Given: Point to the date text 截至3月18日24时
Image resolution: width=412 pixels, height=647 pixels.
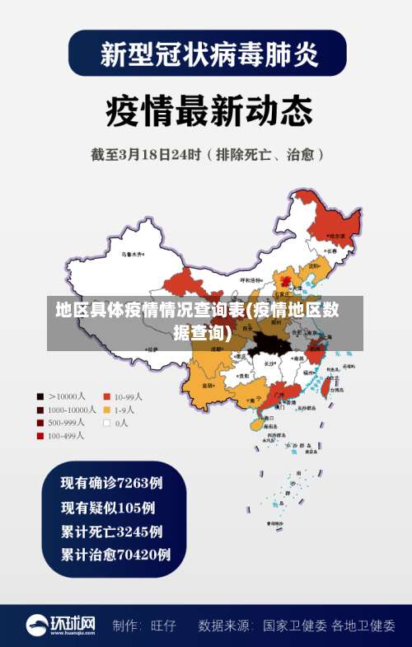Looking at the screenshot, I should click(147, 154).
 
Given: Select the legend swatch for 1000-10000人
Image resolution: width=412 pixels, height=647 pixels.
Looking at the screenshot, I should click(40, 410).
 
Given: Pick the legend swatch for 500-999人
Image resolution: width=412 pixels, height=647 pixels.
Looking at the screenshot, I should click(40, 423).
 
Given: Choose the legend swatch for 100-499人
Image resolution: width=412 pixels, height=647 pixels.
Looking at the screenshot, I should click(40, 436).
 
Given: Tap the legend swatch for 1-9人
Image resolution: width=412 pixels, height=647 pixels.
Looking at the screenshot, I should click(106, 410).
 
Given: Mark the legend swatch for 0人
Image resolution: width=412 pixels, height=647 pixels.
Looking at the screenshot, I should click(106, 423).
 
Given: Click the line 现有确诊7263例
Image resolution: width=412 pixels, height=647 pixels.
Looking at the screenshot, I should click(111, 482).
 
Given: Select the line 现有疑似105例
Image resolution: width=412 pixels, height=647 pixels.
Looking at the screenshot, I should click(108, 507).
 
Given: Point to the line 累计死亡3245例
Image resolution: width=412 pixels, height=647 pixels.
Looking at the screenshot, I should click(111, 531).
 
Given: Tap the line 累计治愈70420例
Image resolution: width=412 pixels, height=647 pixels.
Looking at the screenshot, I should click(115, 555).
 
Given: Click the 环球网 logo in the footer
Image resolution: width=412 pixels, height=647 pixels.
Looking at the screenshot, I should click(61, 625).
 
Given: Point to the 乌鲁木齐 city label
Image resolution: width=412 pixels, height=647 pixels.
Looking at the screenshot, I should click(132, 253).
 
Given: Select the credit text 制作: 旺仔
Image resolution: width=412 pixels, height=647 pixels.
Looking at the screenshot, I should click(145, 626).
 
